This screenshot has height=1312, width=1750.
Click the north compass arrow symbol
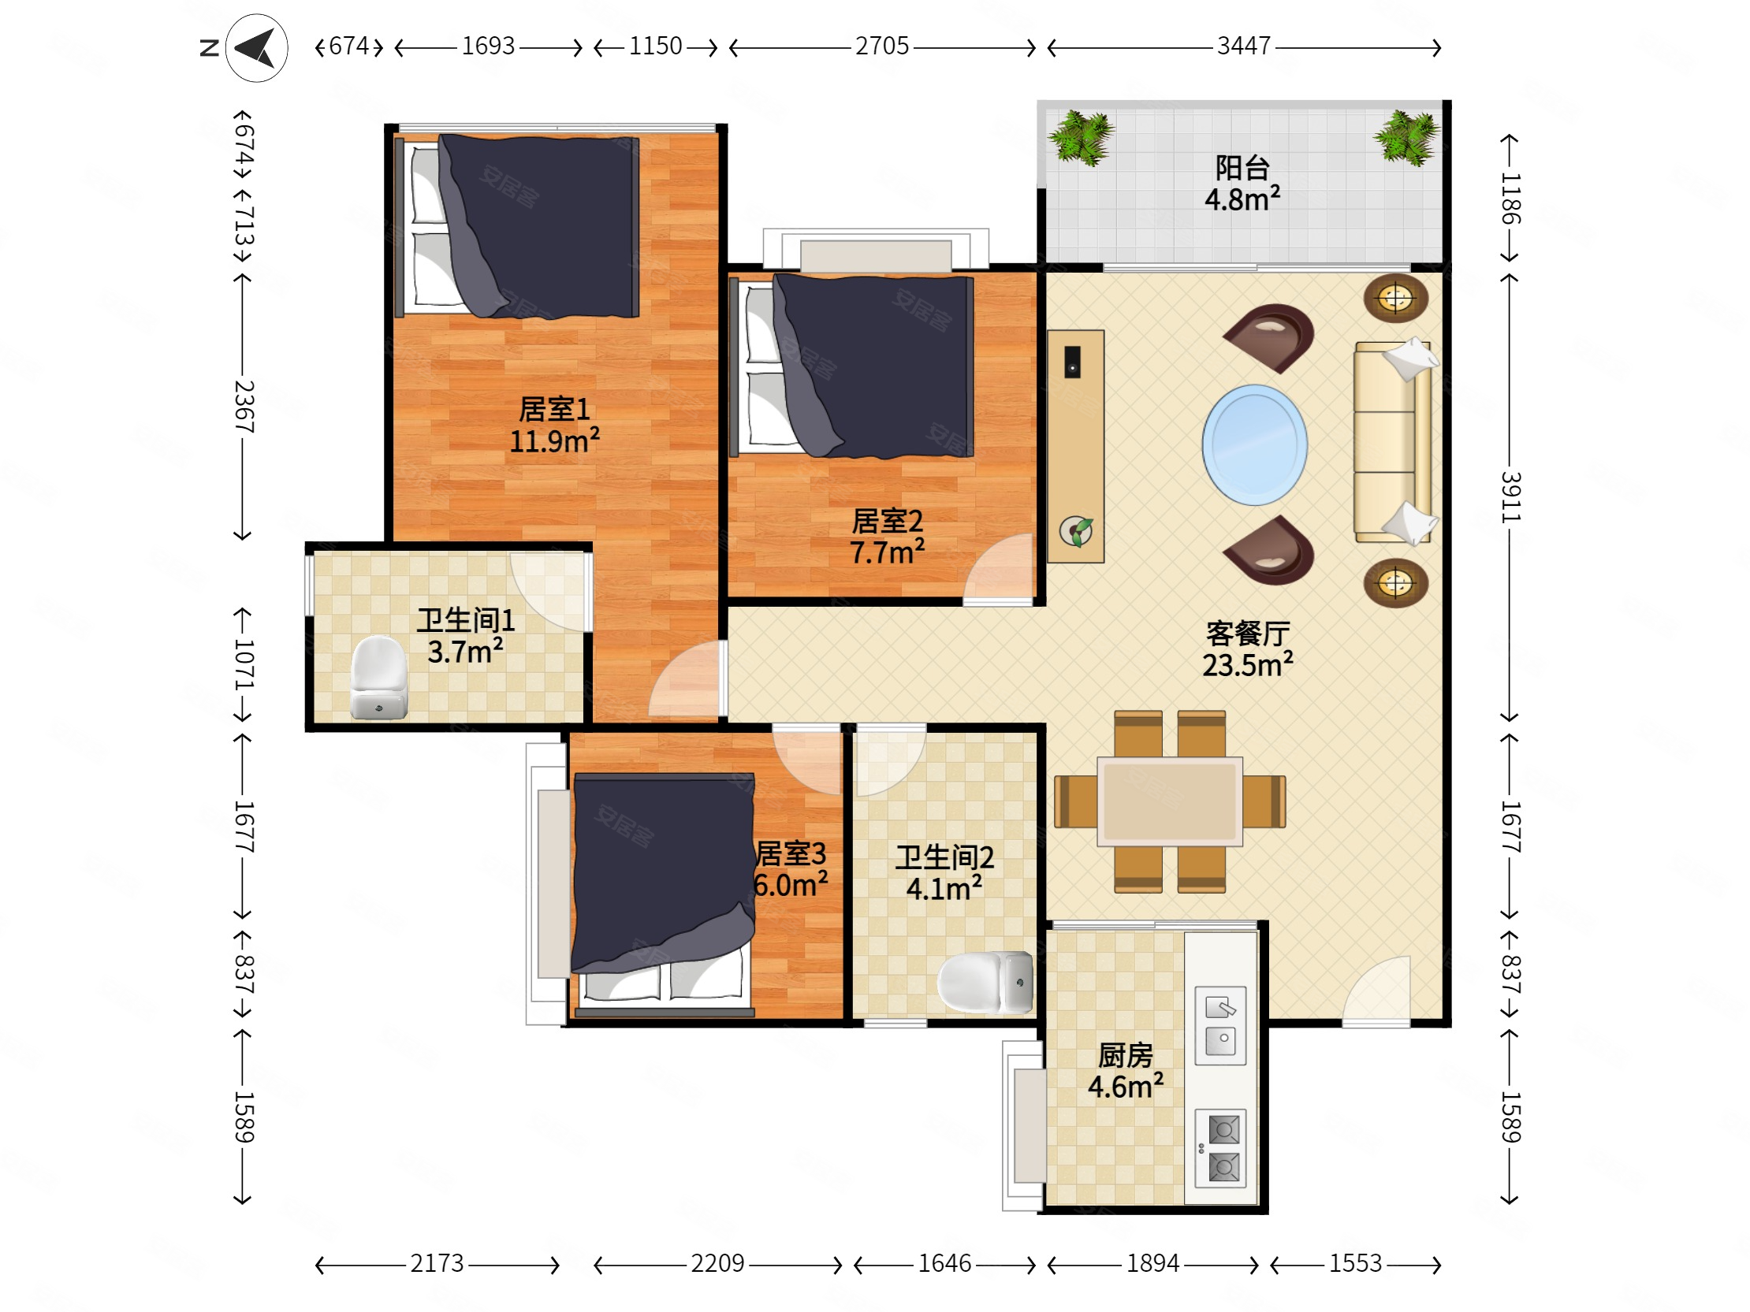coord(256,48)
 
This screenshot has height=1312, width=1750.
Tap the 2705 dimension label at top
coord(882,46)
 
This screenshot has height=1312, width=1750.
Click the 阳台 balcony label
coord(1242,168)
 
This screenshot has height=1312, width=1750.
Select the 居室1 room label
coord(554,409)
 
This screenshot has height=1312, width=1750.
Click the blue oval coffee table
coord(1254,445)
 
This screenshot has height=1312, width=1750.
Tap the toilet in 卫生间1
coord(379,678)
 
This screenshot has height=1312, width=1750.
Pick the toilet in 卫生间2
coord(986,981)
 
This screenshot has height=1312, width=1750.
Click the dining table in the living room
coord(1169,801)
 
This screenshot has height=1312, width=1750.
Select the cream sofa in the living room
coord(1394,442)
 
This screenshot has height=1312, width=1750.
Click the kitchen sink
coord(1220,1025)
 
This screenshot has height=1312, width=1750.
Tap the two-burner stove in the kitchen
coord(1220,1149)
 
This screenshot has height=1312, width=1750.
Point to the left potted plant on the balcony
coord(1081,138)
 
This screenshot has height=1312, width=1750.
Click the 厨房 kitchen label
coord(1125,1056)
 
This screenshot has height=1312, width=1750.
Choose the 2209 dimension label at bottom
coord(717,1263)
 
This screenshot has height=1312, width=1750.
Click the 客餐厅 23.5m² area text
coord(1248,649)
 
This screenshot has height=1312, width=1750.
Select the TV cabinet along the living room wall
coord(1075,446)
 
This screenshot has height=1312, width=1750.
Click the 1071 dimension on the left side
coord(244,664)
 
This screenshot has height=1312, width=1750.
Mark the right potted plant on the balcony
coord(1406,138)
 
